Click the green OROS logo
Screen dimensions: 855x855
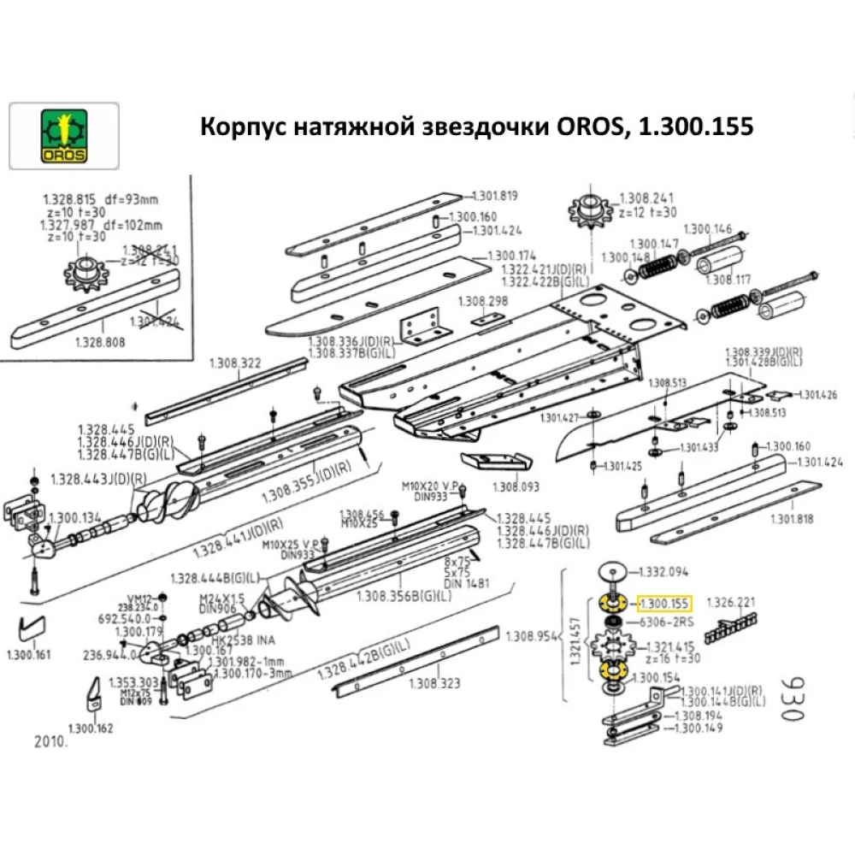(x=64, y=136)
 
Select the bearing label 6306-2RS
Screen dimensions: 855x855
(x=661, y=622)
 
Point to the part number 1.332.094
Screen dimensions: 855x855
(x=664, y=571)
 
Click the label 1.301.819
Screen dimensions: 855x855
(x=495, y=195)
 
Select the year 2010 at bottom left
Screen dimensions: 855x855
(x=49, y=742)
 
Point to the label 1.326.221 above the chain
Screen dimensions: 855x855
(x=732, y=603)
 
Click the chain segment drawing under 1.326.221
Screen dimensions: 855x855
(x=730, y=630)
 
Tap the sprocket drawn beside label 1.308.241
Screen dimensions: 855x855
(x=587, y=209)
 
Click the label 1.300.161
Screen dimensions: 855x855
(x=28, y=656)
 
